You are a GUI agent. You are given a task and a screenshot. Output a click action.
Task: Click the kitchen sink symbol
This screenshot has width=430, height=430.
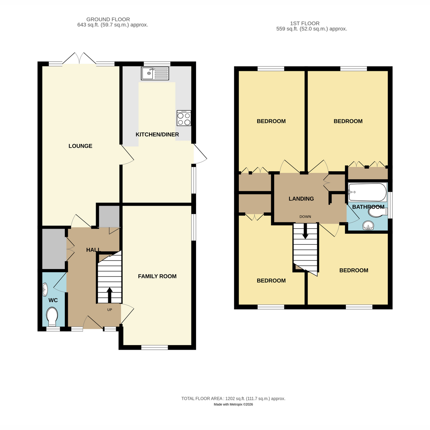coord(155,73)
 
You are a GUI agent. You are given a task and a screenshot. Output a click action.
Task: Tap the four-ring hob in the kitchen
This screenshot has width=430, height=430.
coord(184,118)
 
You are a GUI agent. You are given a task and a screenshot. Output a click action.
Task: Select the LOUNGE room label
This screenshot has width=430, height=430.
coord(80,146)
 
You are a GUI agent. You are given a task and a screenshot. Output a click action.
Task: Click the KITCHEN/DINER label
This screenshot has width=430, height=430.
coord(157,135)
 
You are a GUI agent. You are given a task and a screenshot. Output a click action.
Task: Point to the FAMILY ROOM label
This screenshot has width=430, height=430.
coord(157,276)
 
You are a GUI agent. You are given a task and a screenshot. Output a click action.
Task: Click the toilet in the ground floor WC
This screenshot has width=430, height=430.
coord(52,316)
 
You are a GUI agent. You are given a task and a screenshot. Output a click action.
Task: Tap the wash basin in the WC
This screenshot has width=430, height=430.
coord(45,289)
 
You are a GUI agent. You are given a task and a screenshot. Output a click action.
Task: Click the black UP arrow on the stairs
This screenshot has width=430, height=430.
coord(110,295)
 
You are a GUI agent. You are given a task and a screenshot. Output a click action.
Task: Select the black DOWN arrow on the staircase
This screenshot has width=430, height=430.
coord(305,231)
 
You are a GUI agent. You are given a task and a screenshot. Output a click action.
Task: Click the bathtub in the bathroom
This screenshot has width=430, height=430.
coord(368,192)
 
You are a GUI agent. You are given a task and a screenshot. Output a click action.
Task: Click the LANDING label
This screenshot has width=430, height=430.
coord(301,199)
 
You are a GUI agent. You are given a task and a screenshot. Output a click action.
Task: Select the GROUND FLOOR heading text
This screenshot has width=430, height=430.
coord(108,19)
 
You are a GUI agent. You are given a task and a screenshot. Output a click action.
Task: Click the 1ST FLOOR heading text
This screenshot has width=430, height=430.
coord(305,23)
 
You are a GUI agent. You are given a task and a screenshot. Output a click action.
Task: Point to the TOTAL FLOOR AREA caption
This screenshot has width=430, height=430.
coord(233,398)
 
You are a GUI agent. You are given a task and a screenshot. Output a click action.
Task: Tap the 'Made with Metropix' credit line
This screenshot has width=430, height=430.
coord(233,404)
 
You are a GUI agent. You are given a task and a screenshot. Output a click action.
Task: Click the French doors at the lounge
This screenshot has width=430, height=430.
coord(79,58)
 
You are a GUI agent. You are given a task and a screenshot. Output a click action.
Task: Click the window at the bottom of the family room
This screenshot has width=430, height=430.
coord(154,348)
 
